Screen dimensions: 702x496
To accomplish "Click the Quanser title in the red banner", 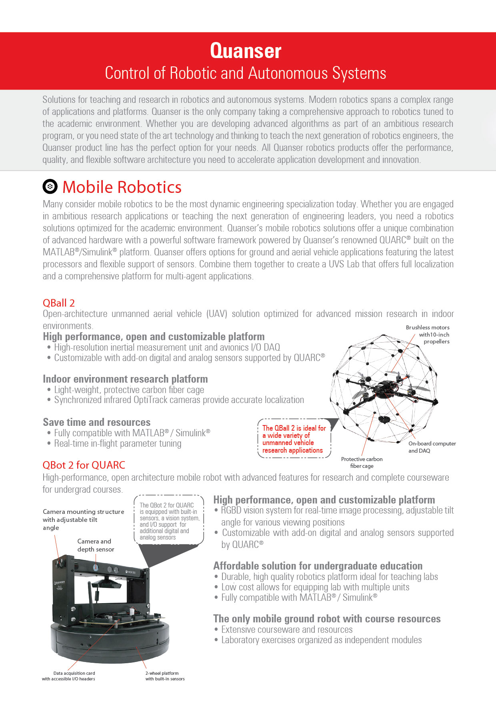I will coord(246,51).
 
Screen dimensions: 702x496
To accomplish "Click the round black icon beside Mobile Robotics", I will coord(50,187).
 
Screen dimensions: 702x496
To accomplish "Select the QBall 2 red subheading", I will coord(59,303).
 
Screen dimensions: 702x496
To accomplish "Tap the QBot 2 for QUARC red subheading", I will coord(84,465).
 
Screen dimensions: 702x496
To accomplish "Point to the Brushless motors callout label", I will coord(428,334).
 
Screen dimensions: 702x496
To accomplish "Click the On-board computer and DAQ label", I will coord(432,447).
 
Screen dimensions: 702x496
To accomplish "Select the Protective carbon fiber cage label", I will coord(362,462).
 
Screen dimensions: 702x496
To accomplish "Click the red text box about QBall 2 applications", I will coord(294,439).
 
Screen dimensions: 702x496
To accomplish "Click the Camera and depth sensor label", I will coord(96,545).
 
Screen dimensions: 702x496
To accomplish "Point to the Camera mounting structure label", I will coord(83,519).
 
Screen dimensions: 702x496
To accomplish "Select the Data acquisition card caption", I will coord(69,676).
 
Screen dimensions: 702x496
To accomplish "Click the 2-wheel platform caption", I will coord(165,676).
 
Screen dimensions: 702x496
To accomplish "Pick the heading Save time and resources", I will coord(97,422).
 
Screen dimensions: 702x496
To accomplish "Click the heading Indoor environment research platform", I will coord(125,379).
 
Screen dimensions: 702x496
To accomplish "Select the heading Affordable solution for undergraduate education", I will coord(318,566).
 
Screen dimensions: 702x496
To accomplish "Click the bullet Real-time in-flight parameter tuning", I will coord(118,443).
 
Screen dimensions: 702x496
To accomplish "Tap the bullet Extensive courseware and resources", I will coord(287,630).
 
